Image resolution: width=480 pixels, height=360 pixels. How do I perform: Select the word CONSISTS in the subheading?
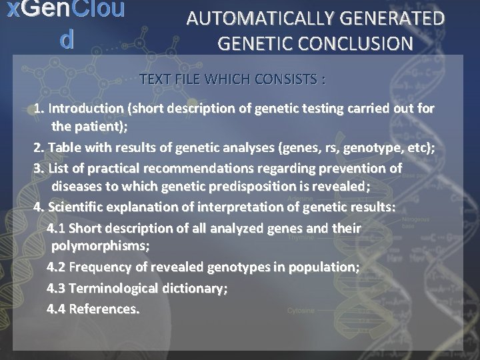(x=287, y=80)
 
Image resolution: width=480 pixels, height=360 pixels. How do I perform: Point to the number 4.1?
(x=56, y=228)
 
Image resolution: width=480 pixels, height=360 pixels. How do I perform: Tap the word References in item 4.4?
(x=104, y=309)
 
